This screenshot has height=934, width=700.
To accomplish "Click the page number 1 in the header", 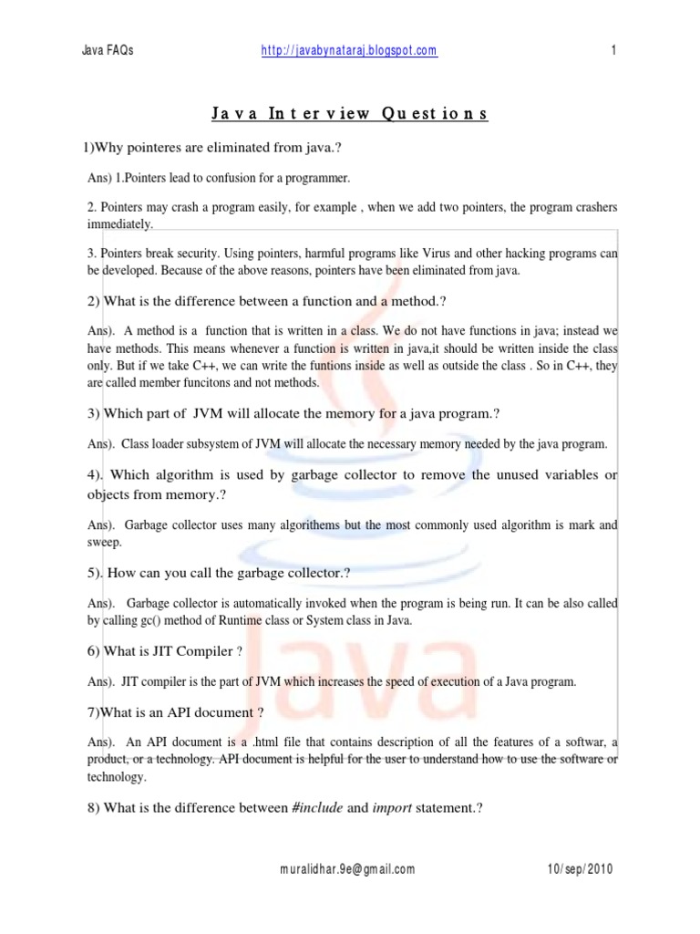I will [614, 51].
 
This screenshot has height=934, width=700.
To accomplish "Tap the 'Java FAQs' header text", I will [108, 51].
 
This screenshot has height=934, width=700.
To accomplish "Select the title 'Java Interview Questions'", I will [350, 114].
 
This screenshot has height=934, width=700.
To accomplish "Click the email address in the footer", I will [347, 869].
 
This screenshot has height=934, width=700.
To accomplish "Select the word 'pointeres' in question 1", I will [163, 148].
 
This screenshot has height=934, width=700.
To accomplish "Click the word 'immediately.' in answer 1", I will [121, 223].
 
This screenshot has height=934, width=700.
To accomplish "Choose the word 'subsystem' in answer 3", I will [216, 444].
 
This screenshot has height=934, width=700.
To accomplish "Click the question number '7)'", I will [93, 712].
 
